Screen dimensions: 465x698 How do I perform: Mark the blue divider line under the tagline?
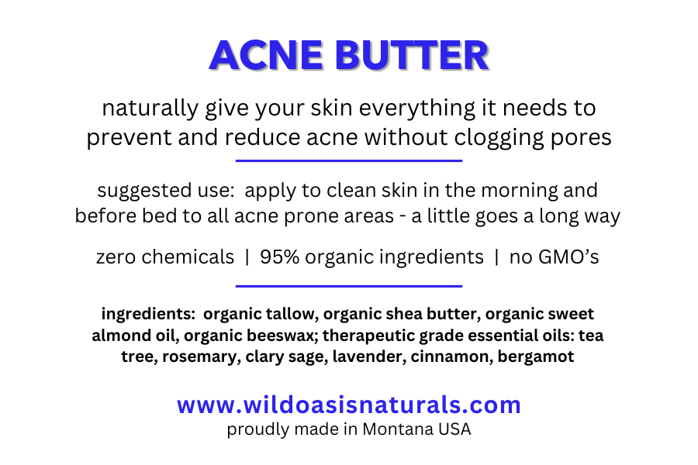click(348, 161)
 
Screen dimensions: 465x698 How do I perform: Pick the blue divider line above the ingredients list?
click(348, 286)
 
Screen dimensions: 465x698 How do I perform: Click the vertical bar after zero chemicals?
click(247, 257)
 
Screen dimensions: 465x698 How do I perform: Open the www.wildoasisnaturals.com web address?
click(348, 405)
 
